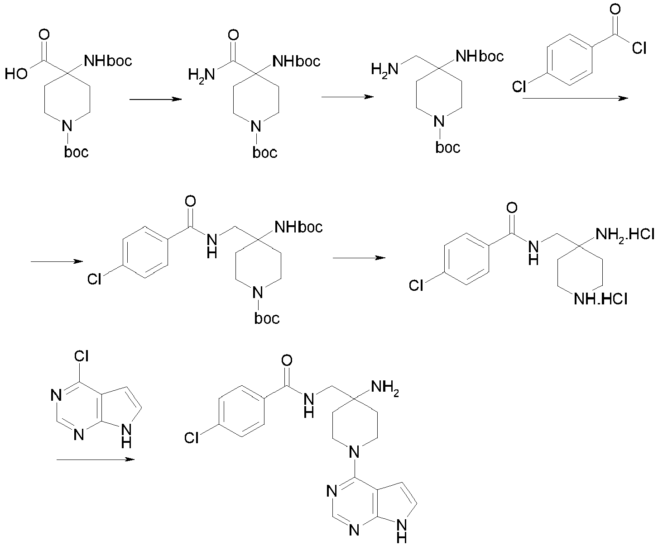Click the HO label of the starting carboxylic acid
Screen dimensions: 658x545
coord(16,74)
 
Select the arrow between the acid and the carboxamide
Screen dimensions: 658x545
coord(156,100)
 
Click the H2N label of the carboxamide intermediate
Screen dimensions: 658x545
coord(202,76)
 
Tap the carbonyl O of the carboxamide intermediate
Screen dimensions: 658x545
coord(233,35)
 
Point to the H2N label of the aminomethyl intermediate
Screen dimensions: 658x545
coord(384,69)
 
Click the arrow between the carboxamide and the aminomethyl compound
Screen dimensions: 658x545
coord(348,97)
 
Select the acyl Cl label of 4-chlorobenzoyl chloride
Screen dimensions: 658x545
coord(639,48)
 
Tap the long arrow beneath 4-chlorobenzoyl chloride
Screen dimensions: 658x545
coord(575,99)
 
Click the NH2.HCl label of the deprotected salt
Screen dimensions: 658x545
coord(625,235)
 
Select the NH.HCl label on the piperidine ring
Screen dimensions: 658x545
coord(600,299)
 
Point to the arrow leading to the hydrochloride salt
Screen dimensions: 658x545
coord(359,258)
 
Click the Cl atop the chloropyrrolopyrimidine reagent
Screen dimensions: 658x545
coord(82,356)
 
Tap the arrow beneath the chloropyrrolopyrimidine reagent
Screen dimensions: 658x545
coord(96,460)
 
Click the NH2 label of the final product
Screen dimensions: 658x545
coord(385,387)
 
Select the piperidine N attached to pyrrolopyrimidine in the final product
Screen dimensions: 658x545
coord(355,452)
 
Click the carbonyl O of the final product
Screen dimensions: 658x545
coord(287,360)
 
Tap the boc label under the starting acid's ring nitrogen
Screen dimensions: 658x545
coord(76,152)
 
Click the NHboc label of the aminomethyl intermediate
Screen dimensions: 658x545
coord(480,57)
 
